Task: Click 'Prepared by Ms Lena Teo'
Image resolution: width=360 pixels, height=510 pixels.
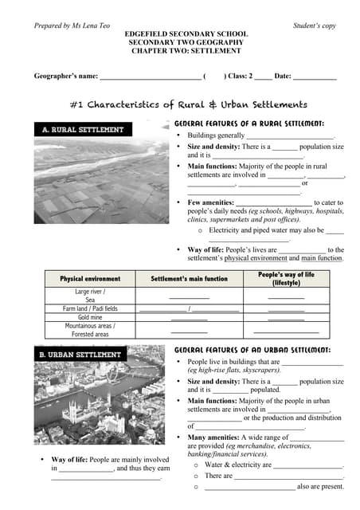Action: point(72,25)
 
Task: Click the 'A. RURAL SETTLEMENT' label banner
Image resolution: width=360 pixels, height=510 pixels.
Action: point(83,129)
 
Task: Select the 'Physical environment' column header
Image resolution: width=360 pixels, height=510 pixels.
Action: point(90,279)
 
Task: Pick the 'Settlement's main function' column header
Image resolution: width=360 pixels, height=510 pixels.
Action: point(189,279)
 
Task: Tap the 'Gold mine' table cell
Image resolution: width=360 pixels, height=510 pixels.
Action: point(90,317)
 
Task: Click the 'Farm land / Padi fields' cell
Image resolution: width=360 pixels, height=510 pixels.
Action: point(90,308)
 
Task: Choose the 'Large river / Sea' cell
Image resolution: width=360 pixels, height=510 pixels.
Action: point(90,296)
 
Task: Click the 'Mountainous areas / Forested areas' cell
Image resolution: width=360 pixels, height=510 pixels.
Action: point(90,330)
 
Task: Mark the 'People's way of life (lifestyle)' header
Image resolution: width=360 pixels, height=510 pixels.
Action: point(286,279)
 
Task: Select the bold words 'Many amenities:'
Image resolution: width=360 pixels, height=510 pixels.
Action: point(213,437)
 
